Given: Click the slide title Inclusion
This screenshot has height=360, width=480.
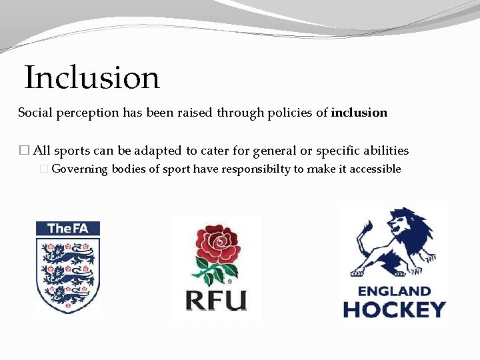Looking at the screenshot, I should [x=92, y=78].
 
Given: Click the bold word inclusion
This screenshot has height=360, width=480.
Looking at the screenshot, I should [x=359, y=113].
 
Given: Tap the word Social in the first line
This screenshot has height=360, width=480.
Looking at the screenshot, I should [x=33, y=113].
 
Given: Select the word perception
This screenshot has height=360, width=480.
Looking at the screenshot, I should [x=85, y=113].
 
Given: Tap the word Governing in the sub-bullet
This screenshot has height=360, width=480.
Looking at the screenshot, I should [x=79, y=169].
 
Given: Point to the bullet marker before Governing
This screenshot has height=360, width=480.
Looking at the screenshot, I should [x=45, y=169].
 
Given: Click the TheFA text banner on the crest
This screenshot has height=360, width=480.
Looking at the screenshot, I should [x=67, y=229].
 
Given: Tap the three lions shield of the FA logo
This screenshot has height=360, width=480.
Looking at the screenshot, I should [x=67, y=273].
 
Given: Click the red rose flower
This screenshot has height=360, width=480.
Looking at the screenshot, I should [x=217, y=244].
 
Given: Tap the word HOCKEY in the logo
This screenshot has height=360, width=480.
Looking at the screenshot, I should [x=394, y=309].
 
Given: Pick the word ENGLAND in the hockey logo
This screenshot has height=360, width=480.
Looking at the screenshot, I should [x=394, y=291].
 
